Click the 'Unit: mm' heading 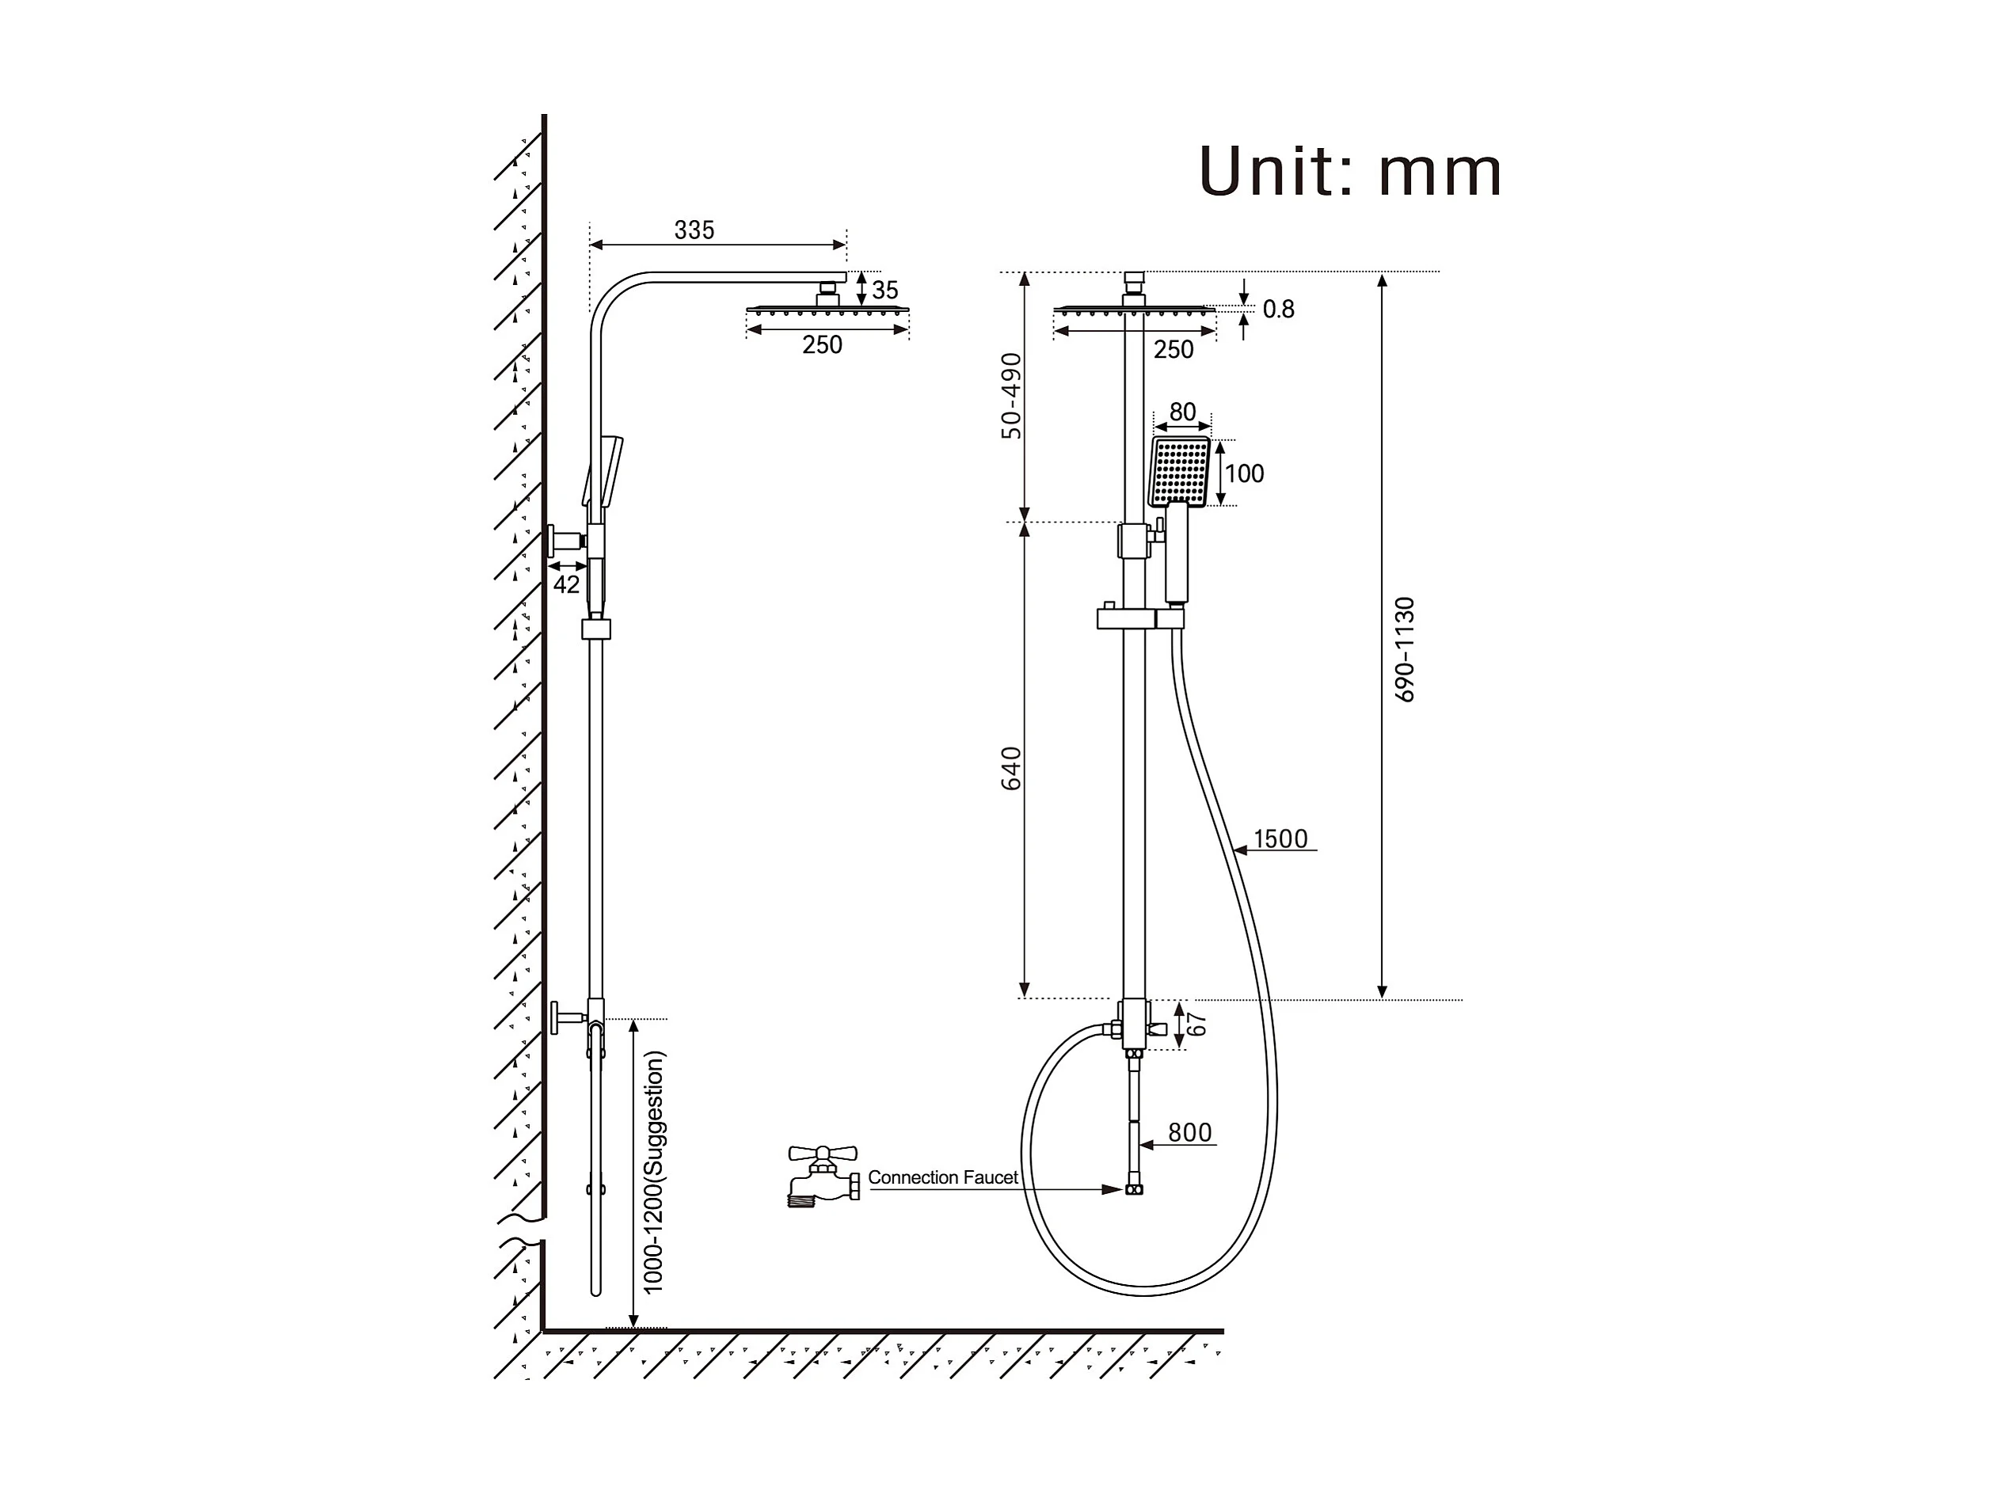click(x=1348, y=171)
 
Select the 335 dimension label click(x=694, y=230)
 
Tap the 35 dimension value click(x=884, y=290)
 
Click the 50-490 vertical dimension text click(x=1012, y=396)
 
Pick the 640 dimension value click(x=1012, y=768)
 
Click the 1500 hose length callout click(x=1280, y=839)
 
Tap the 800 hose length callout click(x=1189, y=1133)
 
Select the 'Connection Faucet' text click(x=942, y=1178)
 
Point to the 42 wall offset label click(x=566, y=585)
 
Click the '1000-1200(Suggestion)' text click(x=653, y=1173)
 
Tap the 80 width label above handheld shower click(x=1182, y=412)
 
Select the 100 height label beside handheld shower click(x=1244, y=474)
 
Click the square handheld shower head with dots click(x=1179, y=471)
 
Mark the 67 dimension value click(x=1196, y=1025)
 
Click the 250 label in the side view click(x=822, y=345)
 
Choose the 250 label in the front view click(x=1173, y=350)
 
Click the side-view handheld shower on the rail click(x=606, y=473)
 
